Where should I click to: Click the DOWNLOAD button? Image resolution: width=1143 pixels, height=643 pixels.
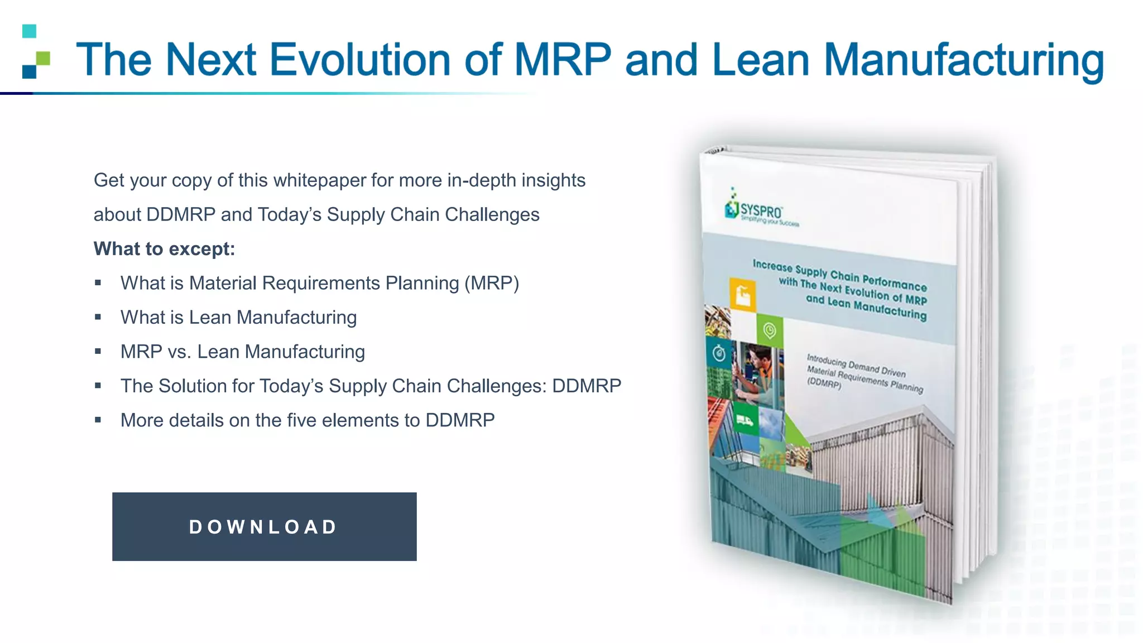click(264, 526)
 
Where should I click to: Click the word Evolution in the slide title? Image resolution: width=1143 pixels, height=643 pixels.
click(360, 60)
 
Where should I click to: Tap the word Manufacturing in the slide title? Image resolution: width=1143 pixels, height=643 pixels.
click(964, 61)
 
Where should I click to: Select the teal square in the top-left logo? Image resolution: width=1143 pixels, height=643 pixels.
click(30, 31)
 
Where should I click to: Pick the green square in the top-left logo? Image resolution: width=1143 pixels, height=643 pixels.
click(43, 58)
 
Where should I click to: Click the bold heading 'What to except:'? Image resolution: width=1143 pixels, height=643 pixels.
click(164, 249)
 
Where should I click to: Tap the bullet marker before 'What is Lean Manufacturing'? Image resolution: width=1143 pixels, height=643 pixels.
click(98, 317)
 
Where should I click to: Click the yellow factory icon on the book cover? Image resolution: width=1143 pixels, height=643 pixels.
click(743, 294)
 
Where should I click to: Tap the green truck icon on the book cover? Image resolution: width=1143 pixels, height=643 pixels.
click(745, 421)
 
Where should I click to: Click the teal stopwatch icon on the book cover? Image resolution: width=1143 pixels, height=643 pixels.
click(719, 353)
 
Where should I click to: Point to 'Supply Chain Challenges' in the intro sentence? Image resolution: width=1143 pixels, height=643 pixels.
click(433, 215)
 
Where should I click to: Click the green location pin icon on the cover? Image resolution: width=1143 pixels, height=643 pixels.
click(770, 331)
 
